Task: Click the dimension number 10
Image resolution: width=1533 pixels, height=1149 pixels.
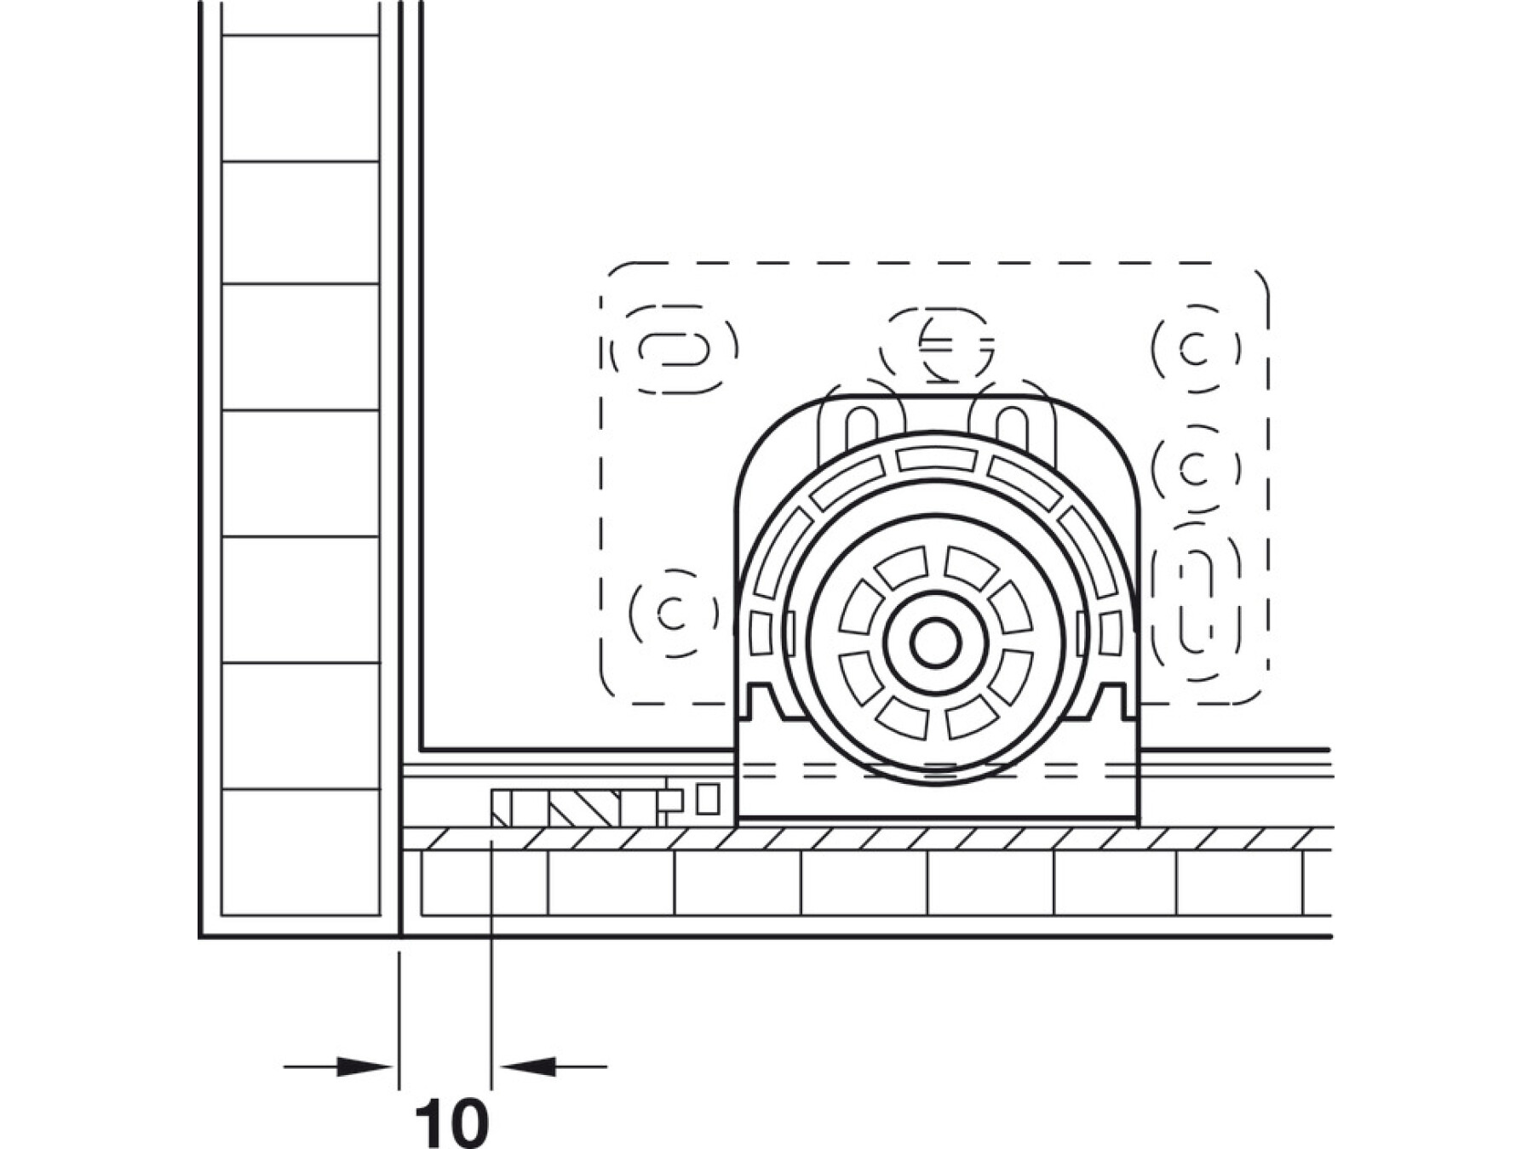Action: click(451, 1123)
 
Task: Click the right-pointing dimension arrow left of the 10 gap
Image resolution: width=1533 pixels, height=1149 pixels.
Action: click(338, 1066)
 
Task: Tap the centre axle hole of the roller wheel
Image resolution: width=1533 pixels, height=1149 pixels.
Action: click(935, 643)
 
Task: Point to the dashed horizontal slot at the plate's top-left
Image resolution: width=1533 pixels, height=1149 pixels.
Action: click(675, 349)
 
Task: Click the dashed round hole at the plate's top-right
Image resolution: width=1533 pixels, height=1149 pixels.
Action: click(1197, 349)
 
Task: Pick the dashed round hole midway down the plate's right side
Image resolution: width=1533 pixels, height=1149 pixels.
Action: click(1197, 468)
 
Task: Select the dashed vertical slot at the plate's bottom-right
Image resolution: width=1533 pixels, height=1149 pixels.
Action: click(1197, 602)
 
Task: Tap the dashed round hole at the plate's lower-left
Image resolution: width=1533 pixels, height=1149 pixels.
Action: click(674, 613)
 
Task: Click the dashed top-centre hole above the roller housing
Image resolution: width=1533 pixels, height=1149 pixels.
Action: click(937, 345)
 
